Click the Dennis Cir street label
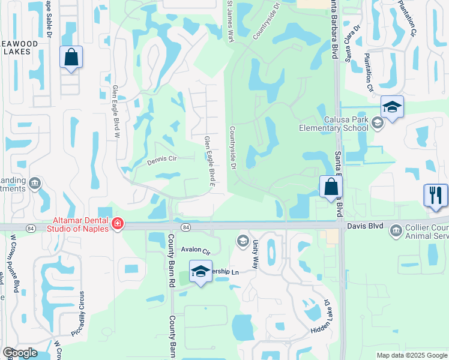coord(161,161)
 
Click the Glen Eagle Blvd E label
coord(209,161)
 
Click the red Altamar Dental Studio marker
coord(118,225)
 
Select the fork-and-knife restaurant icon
coord(436,196)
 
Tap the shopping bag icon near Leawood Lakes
coord(71,58)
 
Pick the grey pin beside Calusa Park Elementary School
coord(377,123)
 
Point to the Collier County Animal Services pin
coord(396,230)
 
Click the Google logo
coord(20,353)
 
